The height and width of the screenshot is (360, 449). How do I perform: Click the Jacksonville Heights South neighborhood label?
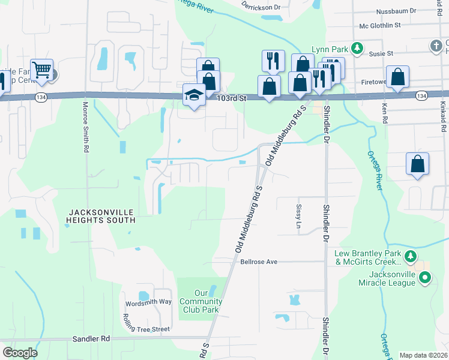tap(101, 216)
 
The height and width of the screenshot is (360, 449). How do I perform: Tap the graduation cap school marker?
tap(194, 95)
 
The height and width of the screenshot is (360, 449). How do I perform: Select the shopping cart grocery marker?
tap(41, 71)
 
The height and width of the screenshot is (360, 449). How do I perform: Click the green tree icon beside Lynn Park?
tap(357, 47)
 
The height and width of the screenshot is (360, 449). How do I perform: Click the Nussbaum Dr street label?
tap(396, 11)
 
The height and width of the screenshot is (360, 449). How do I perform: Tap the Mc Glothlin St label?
tap(380, 25)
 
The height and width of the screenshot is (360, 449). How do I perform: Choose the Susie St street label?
tap(381, 53)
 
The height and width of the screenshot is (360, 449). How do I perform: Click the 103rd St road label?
tap(232, 97)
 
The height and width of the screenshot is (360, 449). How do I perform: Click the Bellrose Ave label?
tap(259, 262)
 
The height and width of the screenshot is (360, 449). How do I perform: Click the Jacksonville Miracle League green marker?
tap(425, 277)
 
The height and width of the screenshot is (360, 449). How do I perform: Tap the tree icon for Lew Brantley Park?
tap(410, 257)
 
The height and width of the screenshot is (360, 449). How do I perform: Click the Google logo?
tap(20, 353)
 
